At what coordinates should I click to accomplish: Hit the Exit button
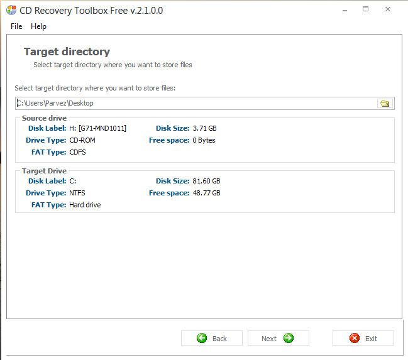[x=363, y=338]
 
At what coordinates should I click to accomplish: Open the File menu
[x=16, y=26]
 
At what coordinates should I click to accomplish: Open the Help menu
[x=38, y=26]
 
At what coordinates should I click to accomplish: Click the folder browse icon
[x=384, y=103]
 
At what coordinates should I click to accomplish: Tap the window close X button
[x=389, y=10]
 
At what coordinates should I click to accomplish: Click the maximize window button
[x=366, y=10]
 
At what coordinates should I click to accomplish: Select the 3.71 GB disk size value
[x=204, y=128]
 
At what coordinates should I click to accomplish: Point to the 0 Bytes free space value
[x=204, y=140]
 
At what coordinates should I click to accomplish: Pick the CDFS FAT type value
[x=78, y=152]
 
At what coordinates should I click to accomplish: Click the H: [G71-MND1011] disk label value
[x=97, y=128]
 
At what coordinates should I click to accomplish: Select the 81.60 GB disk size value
[x=206, y=181]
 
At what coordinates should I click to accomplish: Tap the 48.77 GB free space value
[x=206, y=193]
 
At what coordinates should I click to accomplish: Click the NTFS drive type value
[x=79, y=193]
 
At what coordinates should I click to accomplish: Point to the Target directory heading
[x=67, y=52]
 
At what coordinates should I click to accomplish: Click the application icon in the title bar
[x=11, y=10]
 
